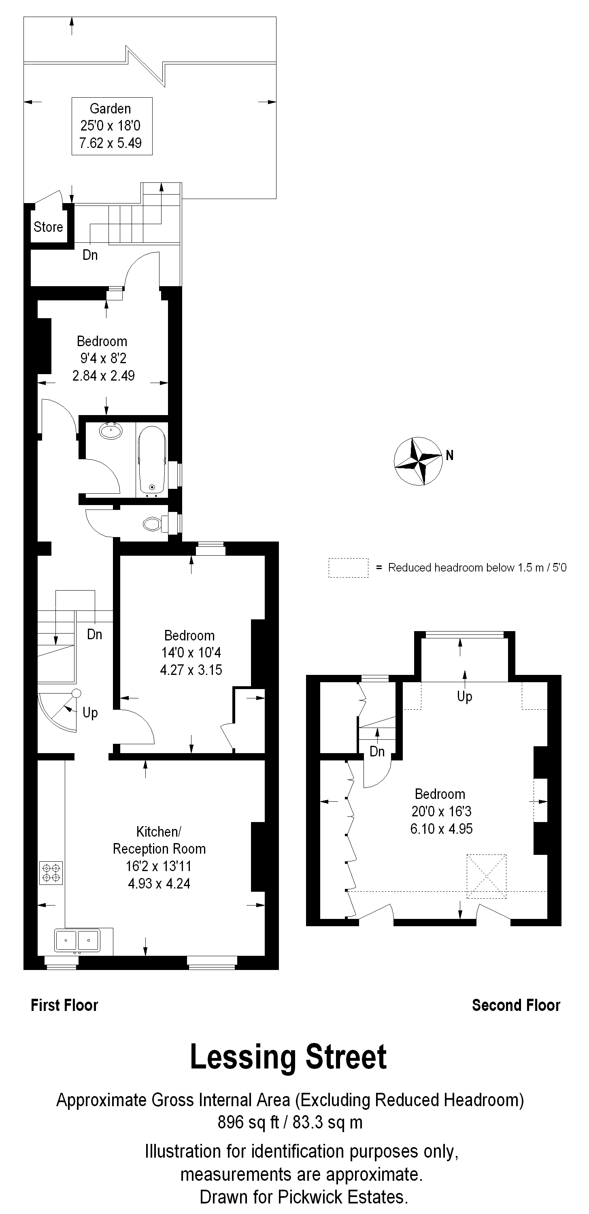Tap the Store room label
pos(48,227)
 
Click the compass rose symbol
pos(418,461)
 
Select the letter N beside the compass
pos(450,455)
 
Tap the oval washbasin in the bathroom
pos(111,431)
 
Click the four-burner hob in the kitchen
pos(51,872)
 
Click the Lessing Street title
pos(288,1057)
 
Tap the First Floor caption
pos(64,1005)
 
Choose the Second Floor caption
pos(516,1005)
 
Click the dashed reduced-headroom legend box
pos(349,568)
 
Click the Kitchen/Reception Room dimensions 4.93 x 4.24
pos(159,884)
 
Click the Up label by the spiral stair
pos(90,713)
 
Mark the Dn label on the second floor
pos(377,752)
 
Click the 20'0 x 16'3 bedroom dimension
pos(442,811)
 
